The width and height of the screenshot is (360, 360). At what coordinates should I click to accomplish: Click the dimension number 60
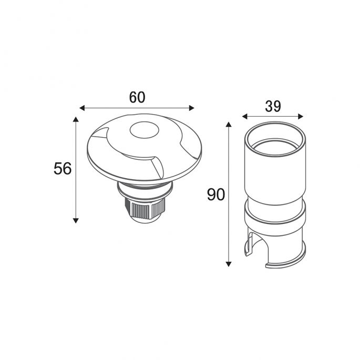click(x=137, y=97)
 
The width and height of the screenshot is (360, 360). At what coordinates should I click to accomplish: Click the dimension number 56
click(x=63, y=169)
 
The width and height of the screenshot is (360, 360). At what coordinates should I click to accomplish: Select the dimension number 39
click(x=273, y=106)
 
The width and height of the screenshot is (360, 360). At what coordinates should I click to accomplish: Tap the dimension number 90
click(x=216, y=194)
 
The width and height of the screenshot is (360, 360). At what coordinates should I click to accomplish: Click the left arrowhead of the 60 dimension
click(x=82, y=108)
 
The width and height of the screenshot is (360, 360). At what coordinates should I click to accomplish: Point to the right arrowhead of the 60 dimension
click(x=192, y=108)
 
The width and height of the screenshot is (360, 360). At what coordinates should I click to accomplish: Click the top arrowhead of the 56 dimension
click(x=76, y=119)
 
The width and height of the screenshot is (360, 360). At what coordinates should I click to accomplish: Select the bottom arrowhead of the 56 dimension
click(x=76, y=221)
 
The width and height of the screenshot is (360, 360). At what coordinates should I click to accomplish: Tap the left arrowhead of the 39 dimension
click(x=245, y=116)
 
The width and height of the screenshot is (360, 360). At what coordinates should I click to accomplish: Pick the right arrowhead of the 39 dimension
click(x=301, y=116)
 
